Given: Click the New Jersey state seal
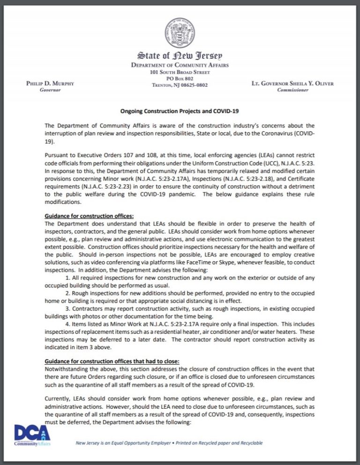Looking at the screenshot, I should point(180,33).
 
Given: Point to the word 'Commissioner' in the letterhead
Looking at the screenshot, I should point(293,90).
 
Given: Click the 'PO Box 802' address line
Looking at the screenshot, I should point(180,79).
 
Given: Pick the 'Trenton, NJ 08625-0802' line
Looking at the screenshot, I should point(180,85).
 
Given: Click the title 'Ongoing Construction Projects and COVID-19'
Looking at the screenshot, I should point(180,111).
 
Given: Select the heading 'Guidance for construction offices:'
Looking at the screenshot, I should point(89,216).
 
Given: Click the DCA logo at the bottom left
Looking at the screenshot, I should point(31,435).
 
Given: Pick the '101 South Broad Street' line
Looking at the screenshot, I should point(180,72).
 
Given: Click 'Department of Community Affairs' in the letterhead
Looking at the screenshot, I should point(180,65).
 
